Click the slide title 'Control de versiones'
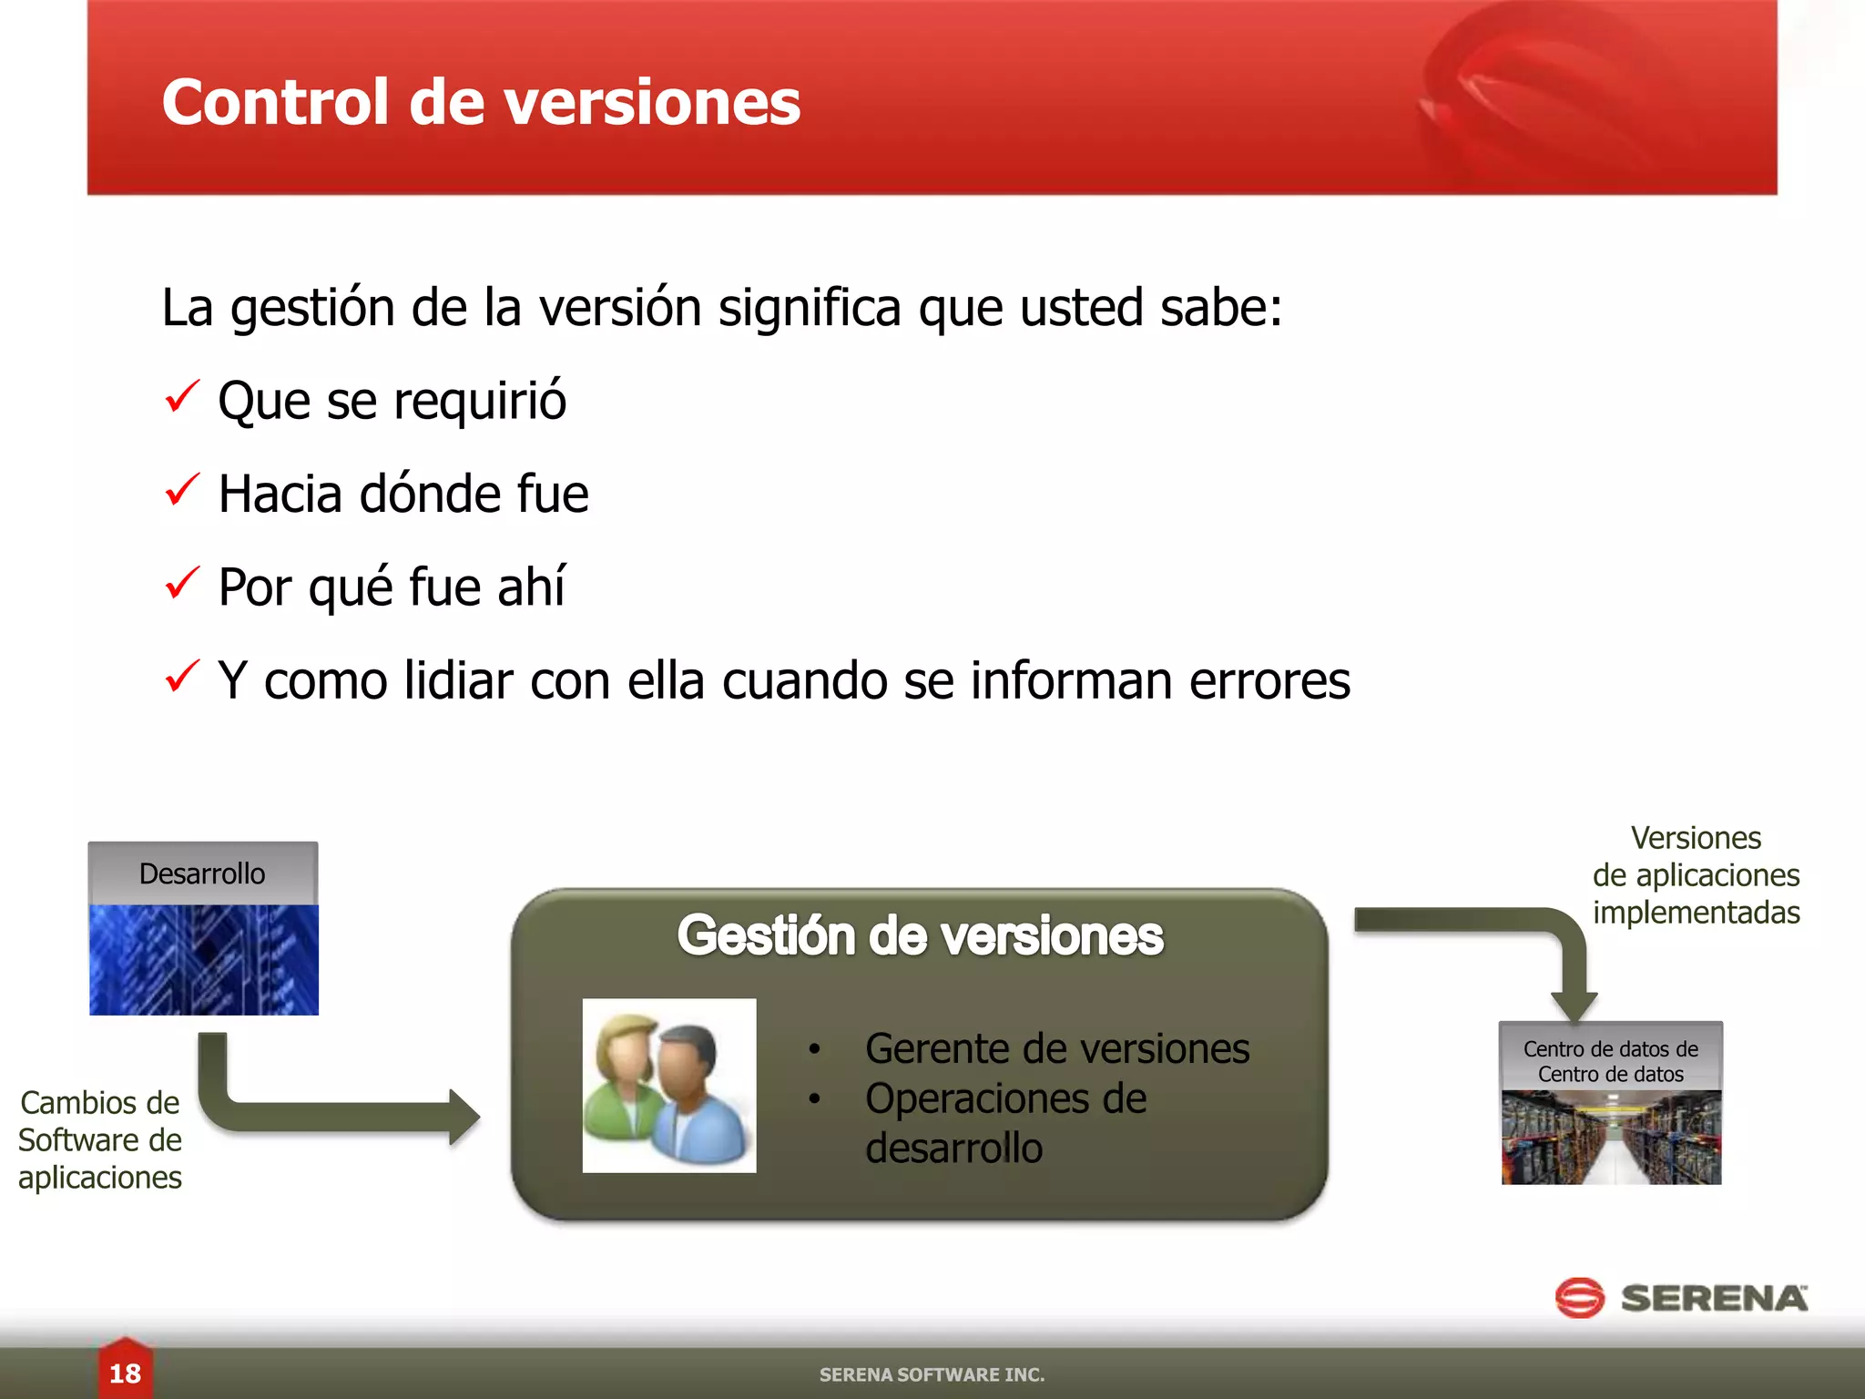click(x=481, y=102)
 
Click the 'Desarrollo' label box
click(x=202, y=873)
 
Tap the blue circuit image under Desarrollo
click(x=204, y=959)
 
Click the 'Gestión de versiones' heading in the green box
click(x=920, y=935)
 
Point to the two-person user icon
click(x=669, y=1086)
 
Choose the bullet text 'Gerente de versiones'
click(x=1056, y=1048)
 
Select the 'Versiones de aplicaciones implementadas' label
click(x=1696, y=875)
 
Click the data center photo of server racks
click(x=1611, y=1137)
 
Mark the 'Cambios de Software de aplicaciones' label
click(x=100, y=1140)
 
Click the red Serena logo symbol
click(x=1579, y=1298)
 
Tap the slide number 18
click(x=125, y=1373)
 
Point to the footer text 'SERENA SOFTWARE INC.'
click(x=932, y=1374)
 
